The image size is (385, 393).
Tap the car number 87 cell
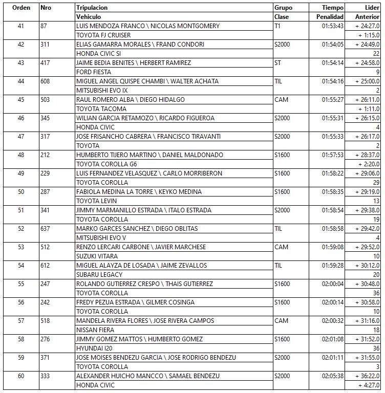[x=44, y=26]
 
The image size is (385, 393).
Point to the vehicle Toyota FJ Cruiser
[x=103, y=35]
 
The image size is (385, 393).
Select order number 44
[x=20, y=81]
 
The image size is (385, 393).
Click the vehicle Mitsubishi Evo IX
[x=102, y=91]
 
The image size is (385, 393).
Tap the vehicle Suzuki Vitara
[x=97, y=256]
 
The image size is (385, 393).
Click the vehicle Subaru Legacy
[x=99, y=275]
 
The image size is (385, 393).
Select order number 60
[x=20, y=376]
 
